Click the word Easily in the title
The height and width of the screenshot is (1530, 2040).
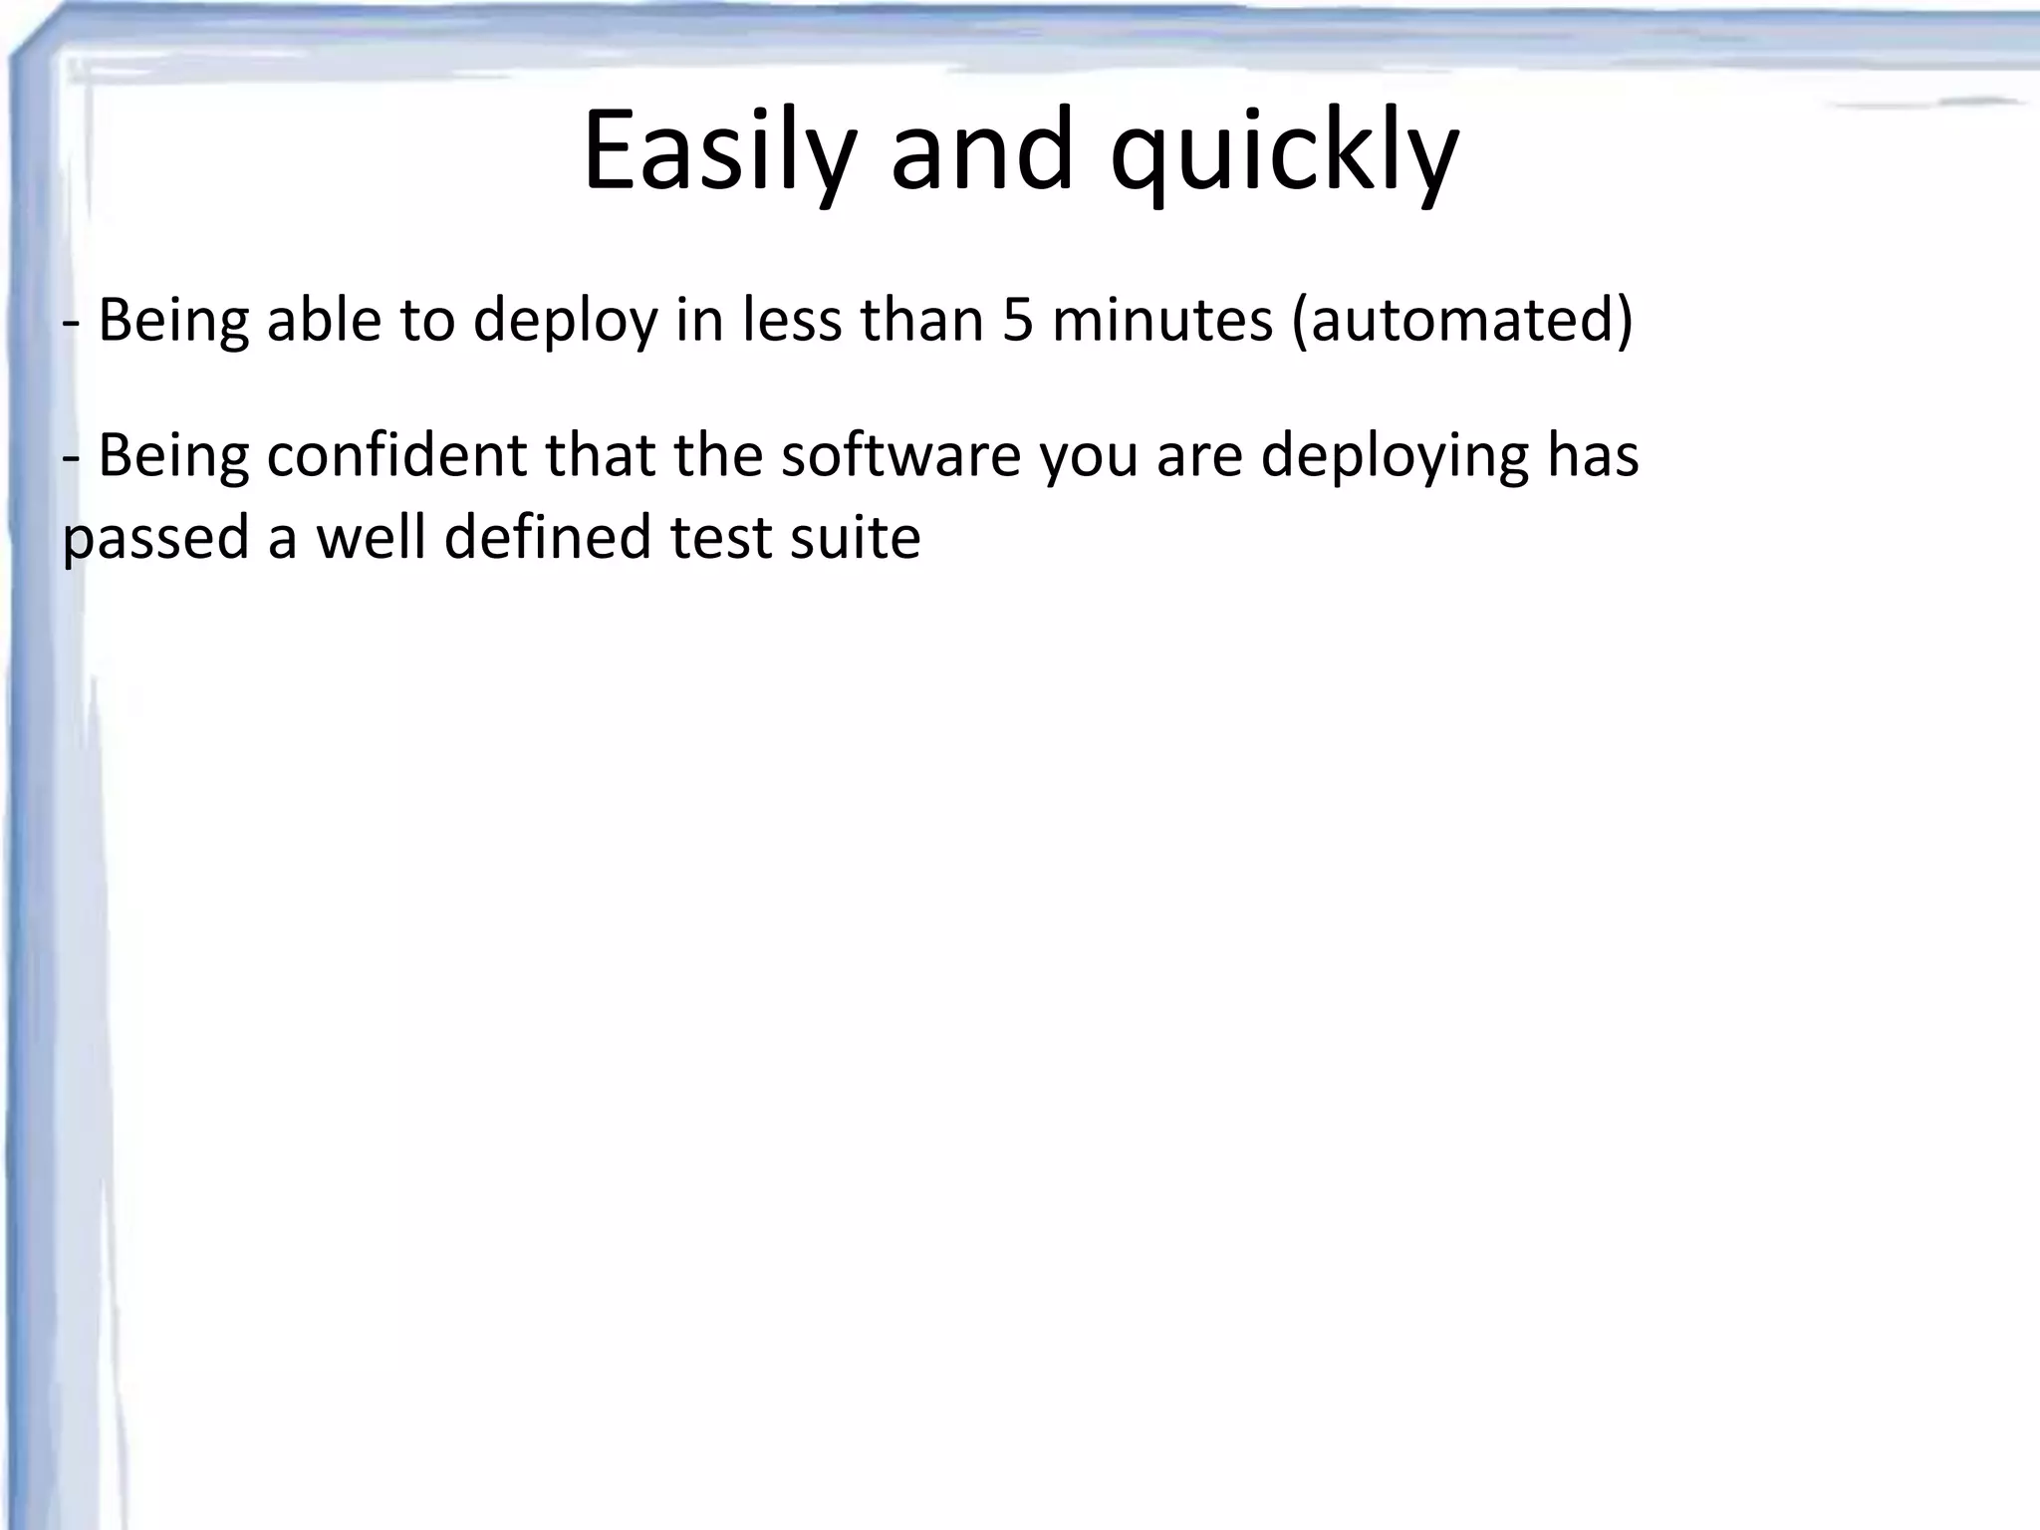click(718, 151)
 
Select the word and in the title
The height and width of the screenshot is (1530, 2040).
click(982, 151)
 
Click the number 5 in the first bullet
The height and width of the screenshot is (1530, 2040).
click(1017, 321)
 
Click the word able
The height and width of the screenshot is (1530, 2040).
click(325, 321)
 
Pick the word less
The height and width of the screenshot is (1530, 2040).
click(793, 321)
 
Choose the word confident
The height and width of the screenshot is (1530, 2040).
click(396, 455)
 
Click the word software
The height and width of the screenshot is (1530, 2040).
click(901, 455)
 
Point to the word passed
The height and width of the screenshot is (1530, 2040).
click(155, 538)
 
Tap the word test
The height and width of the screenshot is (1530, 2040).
click(719, 538)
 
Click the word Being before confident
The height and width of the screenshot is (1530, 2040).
click(172, 457)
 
